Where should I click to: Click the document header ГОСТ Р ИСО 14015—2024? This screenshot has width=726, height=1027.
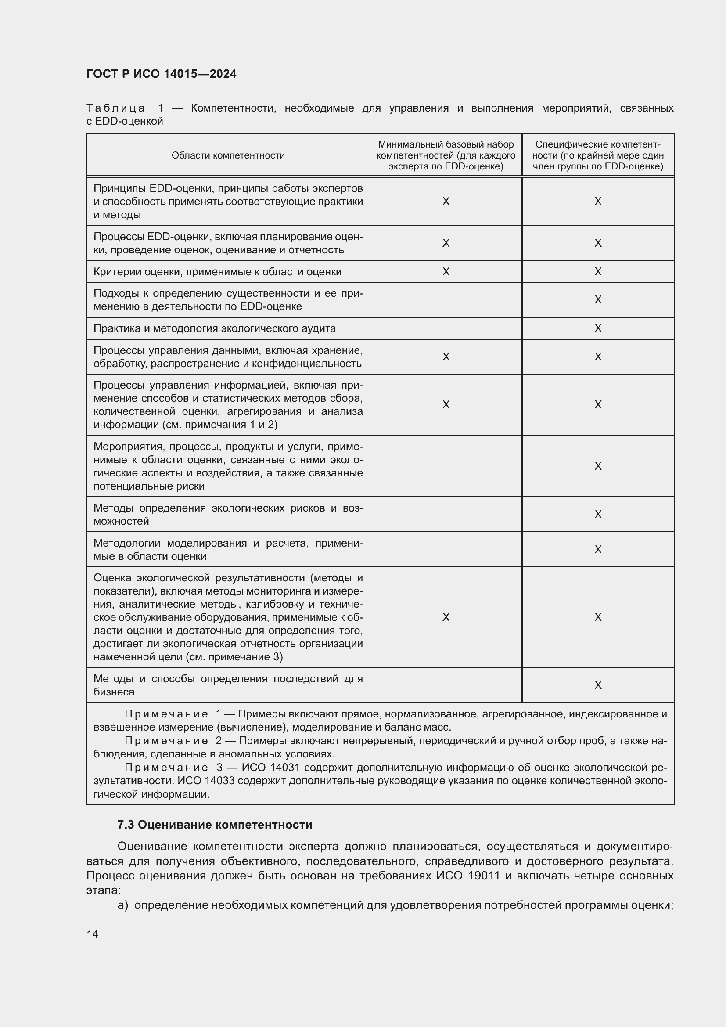[x=162, y=74]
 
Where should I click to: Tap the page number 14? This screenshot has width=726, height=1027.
[x=93, y=934]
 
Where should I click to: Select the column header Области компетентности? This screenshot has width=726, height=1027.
[x=228, y=155]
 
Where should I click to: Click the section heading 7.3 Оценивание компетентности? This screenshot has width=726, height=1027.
[x=215, y=825]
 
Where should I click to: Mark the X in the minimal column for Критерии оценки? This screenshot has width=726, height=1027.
[x=446, y=271]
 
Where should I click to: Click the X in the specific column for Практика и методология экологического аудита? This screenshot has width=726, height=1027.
[x=598, y=328]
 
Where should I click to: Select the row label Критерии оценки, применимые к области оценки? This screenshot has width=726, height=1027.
[x=217, y=272]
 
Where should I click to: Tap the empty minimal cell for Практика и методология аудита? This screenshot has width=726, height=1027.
[x=446, y=328]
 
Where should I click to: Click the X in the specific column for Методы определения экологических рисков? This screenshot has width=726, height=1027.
[x=598, y=515]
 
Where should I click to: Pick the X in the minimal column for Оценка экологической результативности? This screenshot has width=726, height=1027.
[x=446, y=617]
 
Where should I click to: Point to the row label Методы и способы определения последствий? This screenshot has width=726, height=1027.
[x=228, y=685]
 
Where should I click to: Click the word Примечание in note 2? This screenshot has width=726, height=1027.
[x=166, y=741]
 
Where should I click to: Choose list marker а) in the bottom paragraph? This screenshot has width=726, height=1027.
[x=122, y=905]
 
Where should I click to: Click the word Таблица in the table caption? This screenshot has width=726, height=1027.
[x=115, y=108]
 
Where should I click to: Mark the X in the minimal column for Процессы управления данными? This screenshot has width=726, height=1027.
[x=446, y=357]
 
